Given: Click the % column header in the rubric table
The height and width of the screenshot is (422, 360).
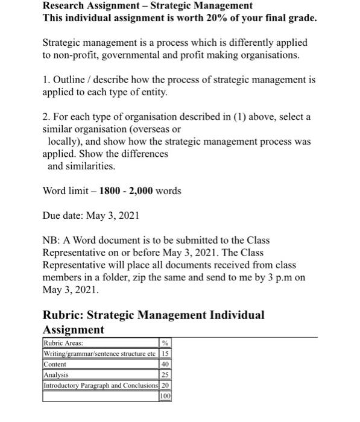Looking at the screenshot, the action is [166, 344].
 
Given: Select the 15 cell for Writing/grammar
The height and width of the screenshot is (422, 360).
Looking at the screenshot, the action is [166, 354].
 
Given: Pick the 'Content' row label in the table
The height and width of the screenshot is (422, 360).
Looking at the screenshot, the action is [55, 364].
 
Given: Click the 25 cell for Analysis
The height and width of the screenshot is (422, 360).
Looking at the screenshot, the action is [166, 374].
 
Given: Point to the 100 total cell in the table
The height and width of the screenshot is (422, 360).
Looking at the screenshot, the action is [165, 395].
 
